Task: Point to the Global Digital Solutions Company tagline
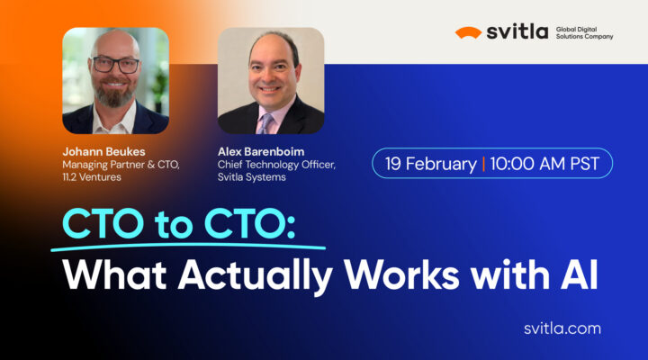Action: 583,32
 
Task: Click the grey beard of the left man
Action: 115,94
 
